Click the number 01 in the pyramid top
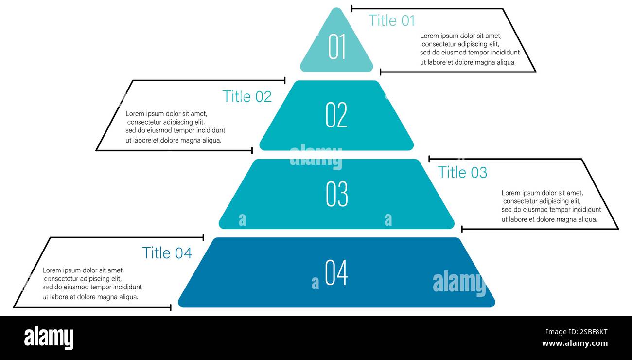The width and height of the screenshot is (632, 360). (x=336, y=46)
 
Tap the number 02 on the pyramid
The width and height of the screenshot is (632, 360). (x=336, y=115)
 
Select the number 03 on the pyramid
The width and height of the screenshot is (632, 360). (x=336, y=194)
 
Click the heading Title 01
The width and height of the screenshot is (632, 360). (x=392, y=20)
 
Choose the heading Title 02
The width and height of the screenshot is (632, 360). (x=247, y=96)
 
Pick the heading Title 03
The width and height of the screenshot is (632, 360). (x=462, y=172)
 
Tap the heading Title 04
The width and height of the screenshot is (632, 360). (x=167, y=252)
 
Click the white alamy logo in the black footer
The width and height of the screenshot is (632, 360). (x=49, y=338)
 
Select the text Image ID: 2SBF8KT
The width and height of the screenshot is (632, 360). (x=577, y=332)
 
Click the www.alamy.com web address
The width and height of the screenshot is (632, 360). (x=575, y=343)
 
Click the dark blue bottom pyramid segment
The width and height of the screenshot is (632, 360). (x=336, y=272)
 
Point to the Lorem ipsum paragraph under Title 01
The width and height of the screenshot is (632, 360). (x=470, y=49)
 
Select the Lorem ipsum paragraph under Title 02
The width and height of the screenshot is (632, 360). (x=175, y=127)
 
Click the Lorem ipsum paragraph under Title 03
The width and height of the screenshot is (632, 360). (x=551, y=206)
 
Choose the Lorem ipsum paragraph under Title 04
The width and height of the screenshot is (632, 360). (x=92, y=284)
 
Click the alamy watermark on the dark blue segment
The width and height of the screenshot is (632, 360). (x=459, y=283)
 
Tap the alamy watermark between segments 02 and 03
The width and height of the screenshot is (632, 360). (x=316, y=157)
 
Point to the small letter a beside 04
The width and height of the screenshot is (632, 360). (x=315, y=283)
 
